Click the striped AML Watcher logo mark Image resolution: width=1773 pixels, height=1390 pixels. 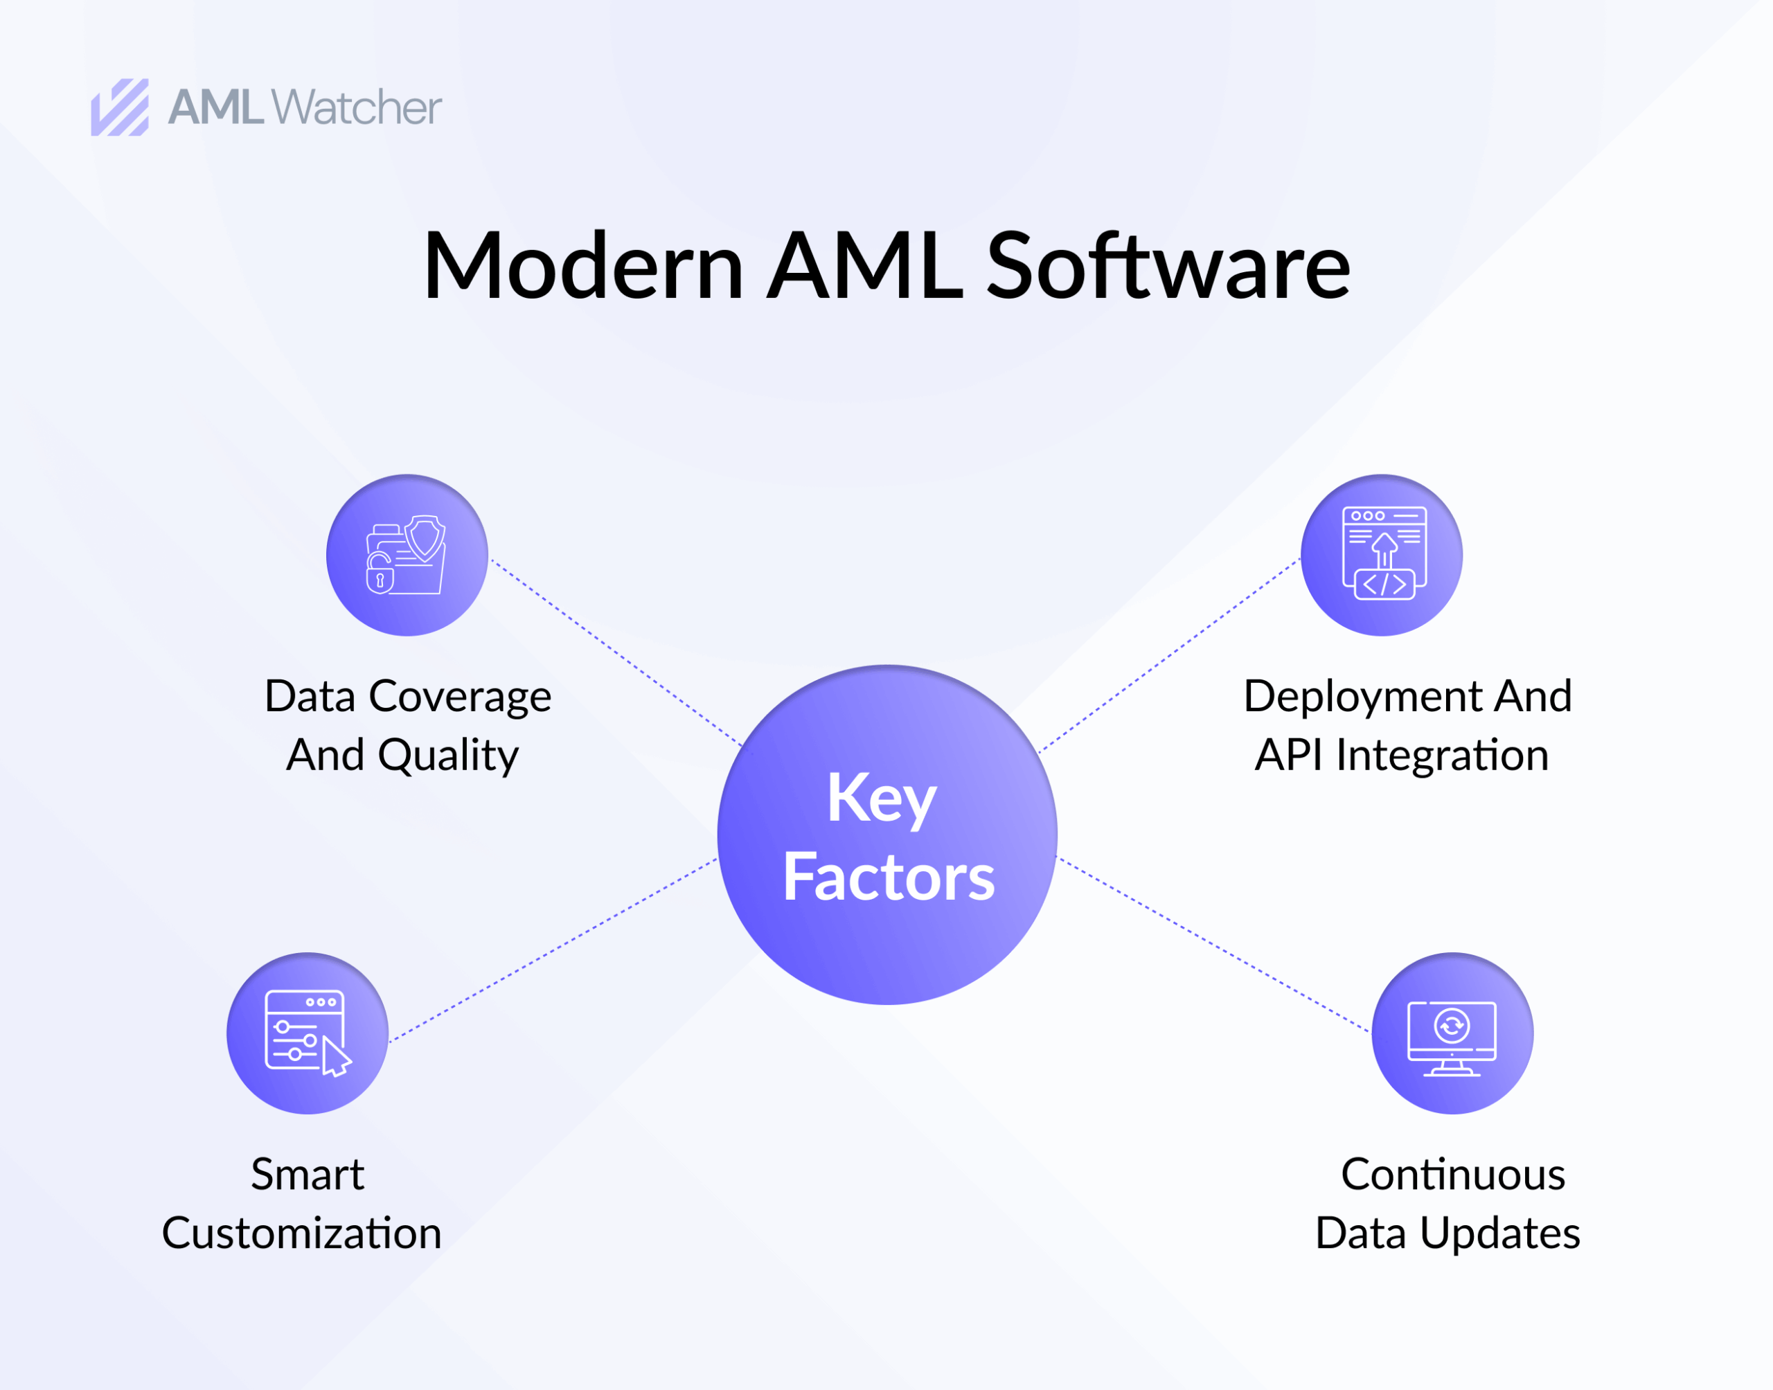point(120,107)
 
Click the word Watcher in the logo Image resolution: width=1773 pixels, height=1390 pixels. point(357,107)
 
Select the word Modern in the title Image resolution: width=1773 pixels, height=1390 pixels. point(582,266)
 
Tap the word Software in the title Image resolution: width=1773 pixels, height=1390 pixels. point(1168,266)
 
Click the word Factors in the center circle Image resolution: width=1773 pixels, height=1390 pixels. point(888,877)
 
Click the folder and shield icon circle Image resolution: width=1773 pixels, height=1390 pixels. point(407,555)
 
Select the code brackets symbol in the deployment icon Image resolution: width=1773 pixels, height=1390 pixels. point(1384,584)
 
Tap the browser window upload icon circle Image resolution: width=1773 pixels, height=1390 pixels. point(1381,555)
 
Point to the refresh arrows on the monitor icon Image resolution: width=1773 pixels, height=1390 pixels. point(1452,1026)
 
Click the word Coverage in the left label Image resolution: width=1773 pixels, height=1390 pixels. point(460,697)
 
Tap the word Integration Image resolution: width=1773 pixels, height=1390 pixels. point(1442,755)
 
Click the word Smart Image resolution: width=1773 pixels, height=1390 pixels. point(307,1175)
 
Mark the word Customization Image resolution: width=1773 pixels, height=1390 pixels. point(301,1233)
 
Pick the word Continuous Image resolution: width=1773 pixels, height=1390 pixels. point(1452,1175)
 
